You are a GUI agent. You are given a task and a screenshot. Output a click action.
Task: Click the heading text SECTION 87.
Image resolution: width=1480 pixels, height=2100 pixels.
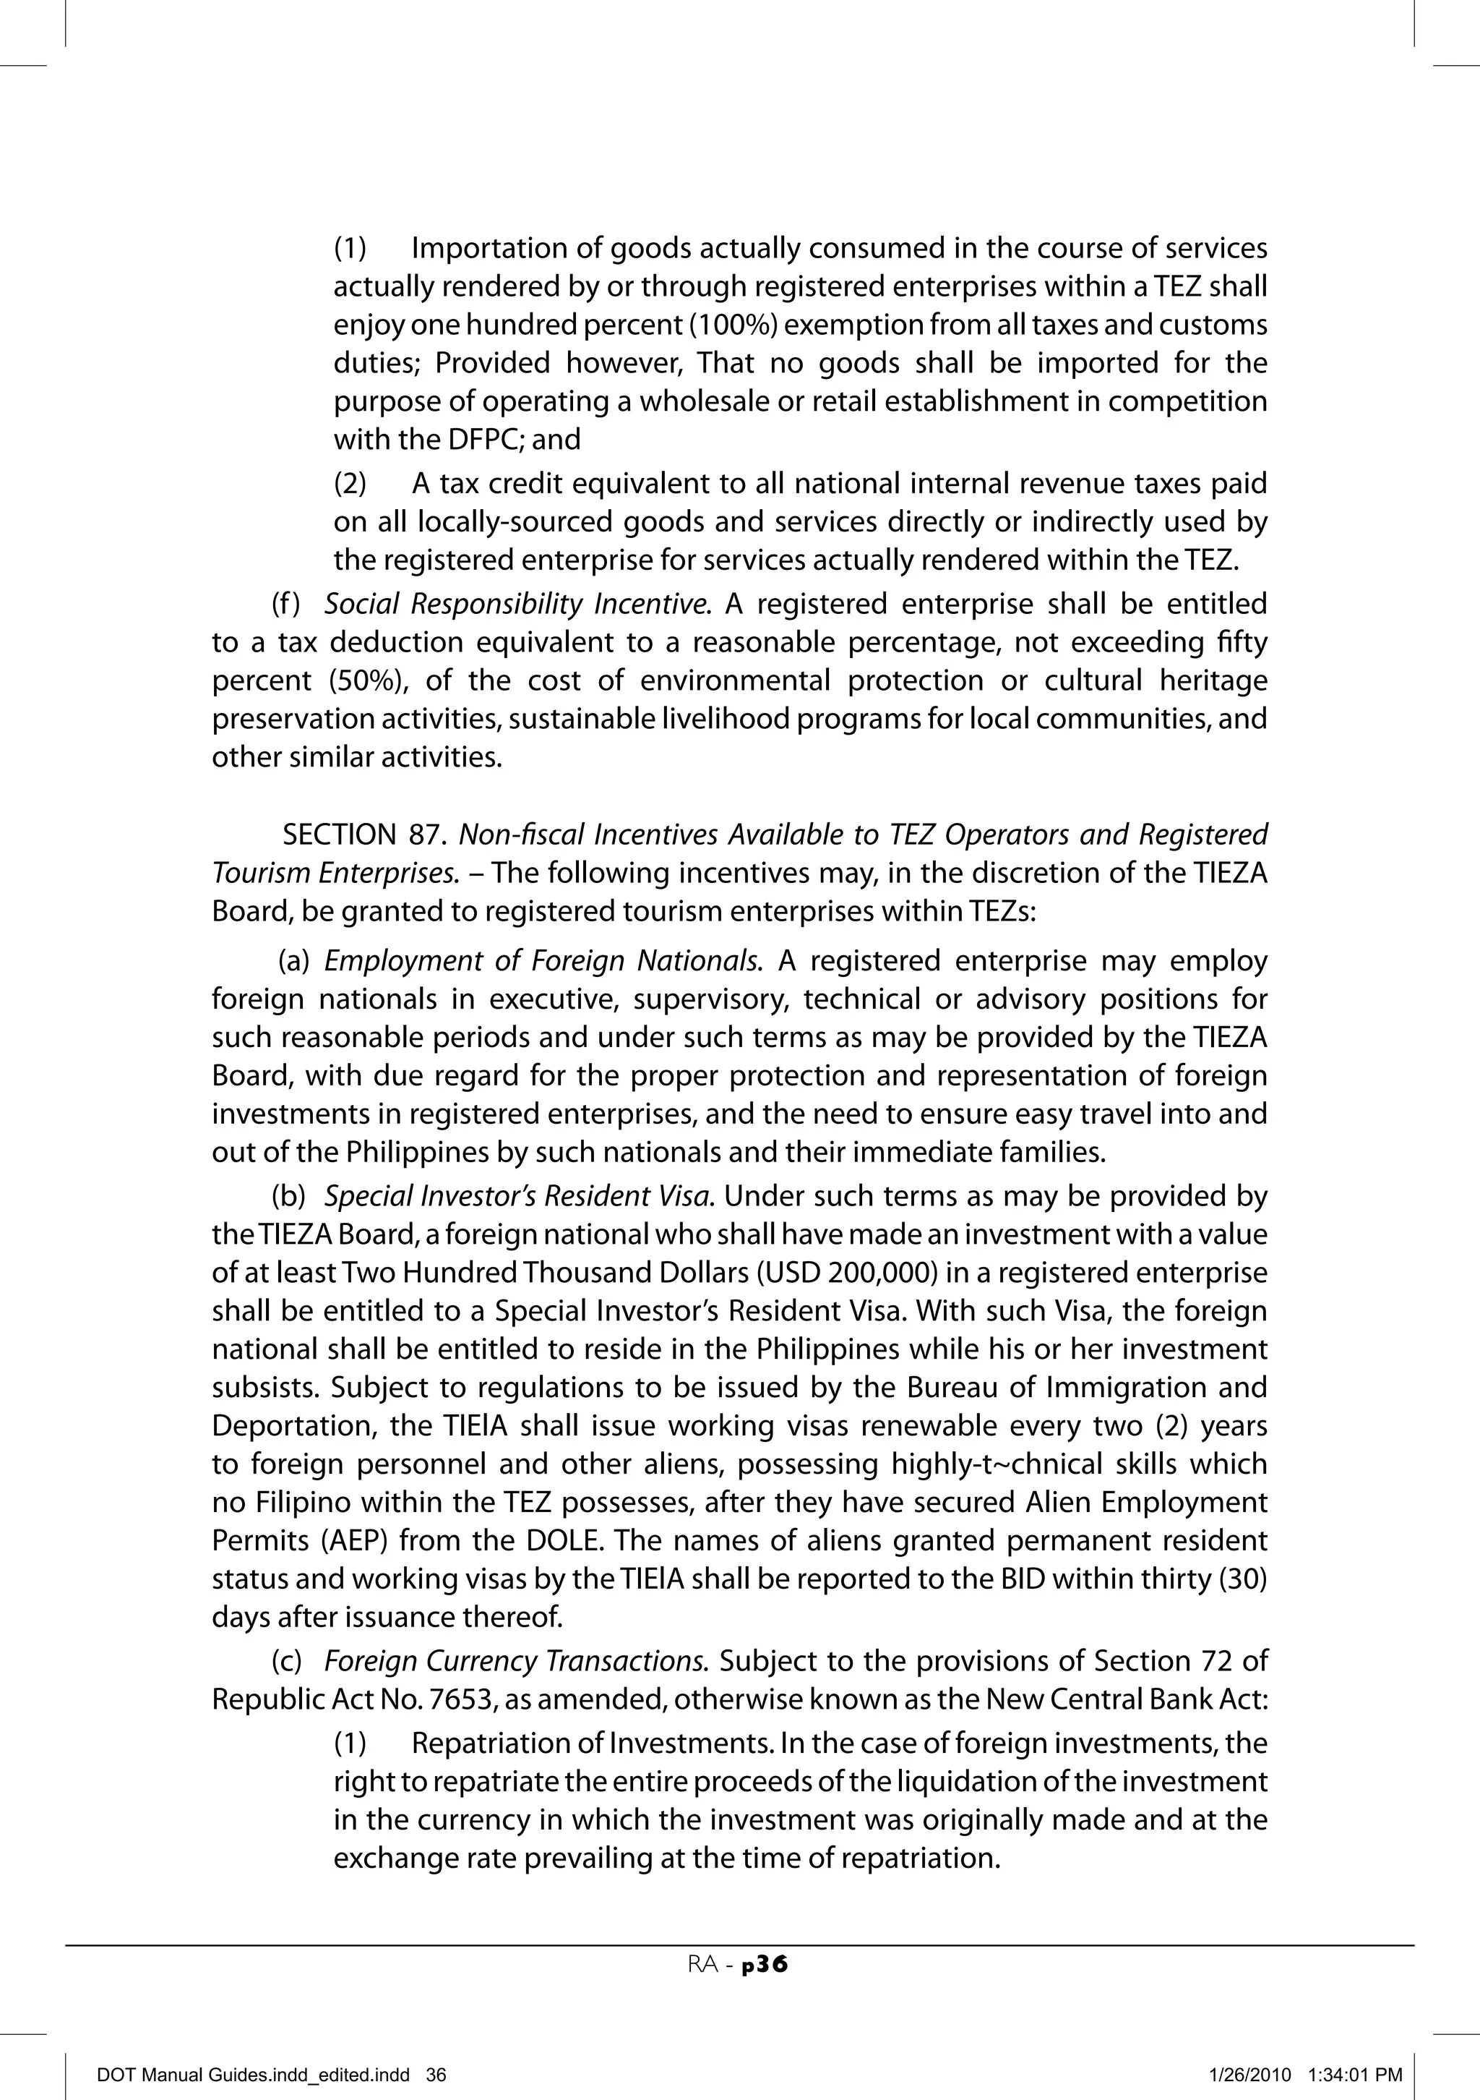coord(363,835)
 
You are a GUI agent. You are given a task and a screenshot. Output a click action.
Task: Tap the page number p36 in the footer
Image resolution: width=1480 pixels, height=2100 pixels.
coord(765,1965)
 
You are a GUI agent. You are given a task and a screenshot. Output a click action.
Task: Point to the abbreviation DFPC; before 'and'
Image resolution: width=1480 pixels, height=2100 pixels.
coord(486,440)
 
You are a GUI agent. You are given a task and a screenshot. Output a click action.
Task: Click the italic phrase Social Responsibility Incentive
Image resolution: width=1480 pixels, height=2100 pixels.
coord(517,604)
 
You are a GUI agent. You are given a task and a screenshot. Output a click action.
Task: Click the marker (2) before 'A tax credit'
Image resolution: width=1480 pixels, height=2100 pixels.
coord(350,483)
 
